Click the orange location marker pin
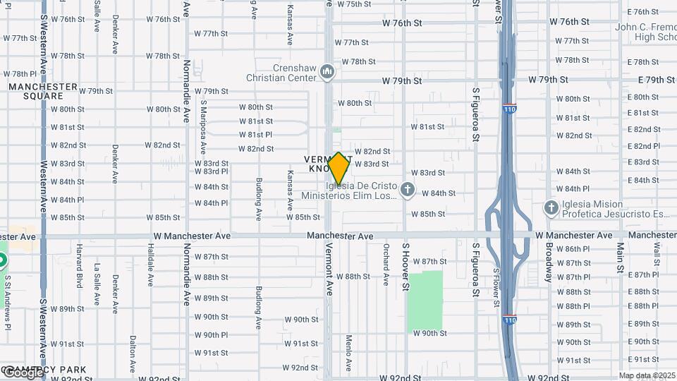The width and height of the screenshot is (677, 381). [338, 169]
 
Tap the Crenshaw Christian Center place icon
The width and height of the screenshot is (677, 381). [327, 72]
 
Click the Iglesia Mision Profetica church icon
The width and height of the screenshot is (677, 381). [551, 207]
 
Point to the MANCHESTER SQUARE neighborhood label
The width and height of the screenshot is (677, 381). [43, 91]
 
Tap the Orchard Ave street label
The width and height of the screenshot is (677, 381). [386, 265]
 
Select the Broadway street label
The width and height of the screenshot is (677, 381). [549, 262]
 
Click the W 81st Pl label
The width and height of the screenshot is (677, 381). [255, 134]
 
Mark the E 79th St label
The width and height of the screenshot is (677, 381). [651, 80]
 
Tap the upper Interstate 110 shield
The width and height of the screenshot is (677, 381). [508, 110]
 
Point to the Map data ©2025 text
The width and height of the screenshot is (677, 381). [646, 375]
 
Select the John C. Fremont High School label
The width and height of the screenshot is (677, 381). [645, 32]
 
